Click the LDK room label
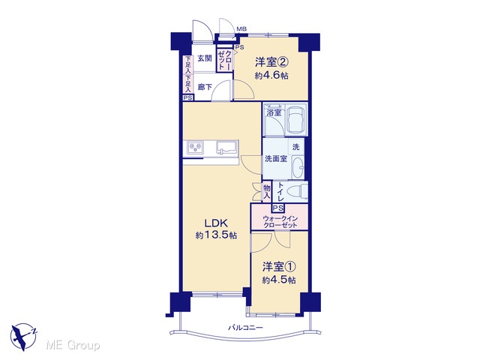tap(216, 222)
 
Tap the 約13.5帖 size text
tap(216, 235)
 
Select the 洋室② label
tap(272, 62)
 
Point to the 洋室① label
tap(279, 267)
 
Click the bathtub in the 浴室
tap(297, 120)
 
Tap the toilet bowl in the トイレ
tap(296, 192)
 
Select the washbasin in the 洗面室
tap(297, 167)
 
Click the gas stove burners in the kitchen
tap(196, 148)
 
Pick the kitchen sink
tap(226, 147)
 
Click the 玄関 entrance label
tap(205, 58)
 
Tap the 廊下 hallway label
tap(205, 87)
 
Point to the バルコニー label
tap(245, 328)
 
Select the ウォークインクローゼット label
tap(280, 222)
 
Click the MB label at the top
tap(241, 29)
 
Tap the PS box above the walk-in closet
tap(278, 208)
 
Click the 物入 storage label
tap(267, 192)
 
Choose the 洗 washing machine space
tap(295, 147)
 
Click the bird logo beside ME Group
tap(23, 337)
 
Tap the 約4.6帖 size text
tap(271, 76)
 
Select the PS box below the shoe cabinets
tap(188, 98)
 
